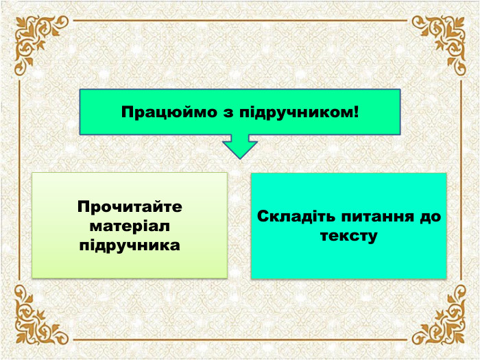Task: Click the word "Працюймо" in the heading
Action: pyautogui.click(x=158, y=111)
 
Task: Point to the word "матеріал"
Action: pyautogui.click(x=130, y=225)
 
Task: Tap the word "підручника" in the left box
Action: pyautogui.click(x=130, y=244)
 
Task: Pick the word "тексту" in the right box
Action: pyautogui.click(x=348, y=236)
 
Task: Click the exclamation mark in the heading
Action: pyautogui.click(x=355, y=111)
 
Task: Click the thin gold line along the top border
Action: pyautogui.click(x=240, y=21)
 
